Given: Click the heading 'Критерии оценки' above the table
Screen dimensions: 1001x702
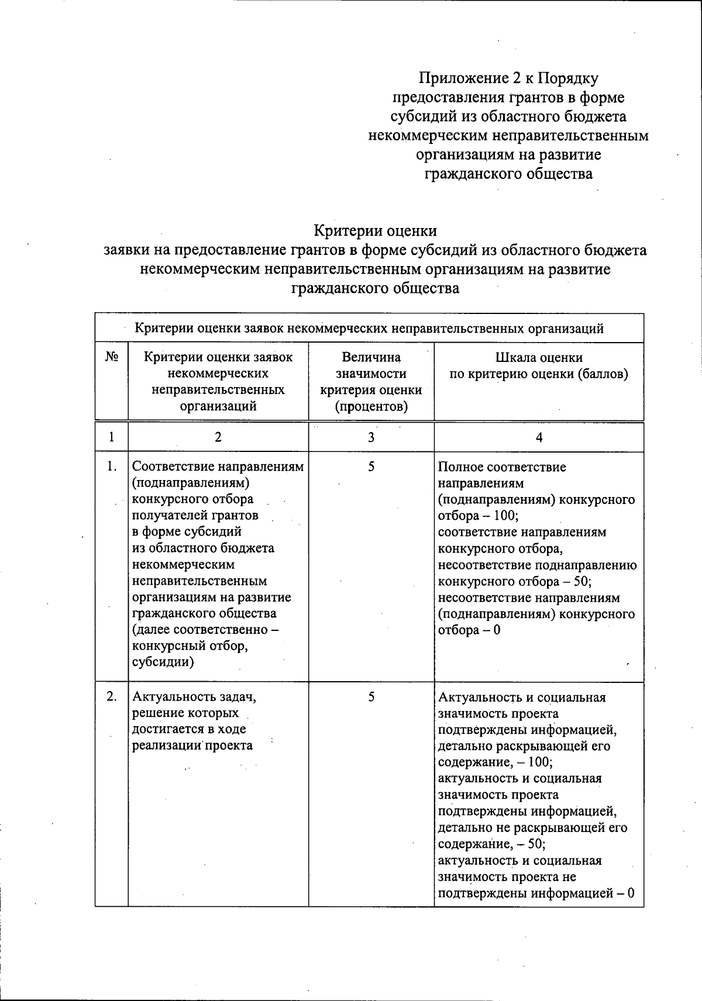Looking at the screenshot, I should click(375, 230).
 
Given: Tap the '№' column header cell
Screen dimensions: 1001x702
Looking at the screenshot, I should click(111, 357).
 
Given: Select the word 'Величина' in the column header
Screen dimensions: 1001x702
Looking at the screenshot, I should click(371, 357).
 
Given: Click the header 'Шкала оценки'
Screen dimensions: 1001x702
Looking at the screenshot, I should click(539, 357).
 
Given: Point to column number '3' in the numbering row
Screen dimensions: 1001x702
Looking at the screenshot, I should click(371, 437).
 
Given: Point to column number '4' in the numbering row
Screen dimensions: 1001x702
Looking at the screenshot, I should click(539, 437).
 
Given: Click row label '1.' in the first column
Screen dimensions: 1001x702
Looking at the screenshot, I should click(111, 467).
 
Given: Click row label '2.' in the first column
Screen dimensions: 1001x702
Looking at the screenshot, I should click(111, 696).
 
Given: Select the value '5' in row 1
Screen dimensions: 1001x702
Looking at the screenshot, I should click(371, 467).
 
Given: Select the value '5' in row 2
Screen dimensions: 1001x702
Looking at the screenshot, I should click(371, 696).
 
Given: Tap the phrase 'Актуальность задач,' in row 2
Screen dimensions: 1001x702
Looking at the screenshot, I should click(194, 697).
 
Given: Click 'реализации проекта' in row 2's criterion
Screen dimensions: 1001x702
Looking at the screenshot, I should click(192, 745).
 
